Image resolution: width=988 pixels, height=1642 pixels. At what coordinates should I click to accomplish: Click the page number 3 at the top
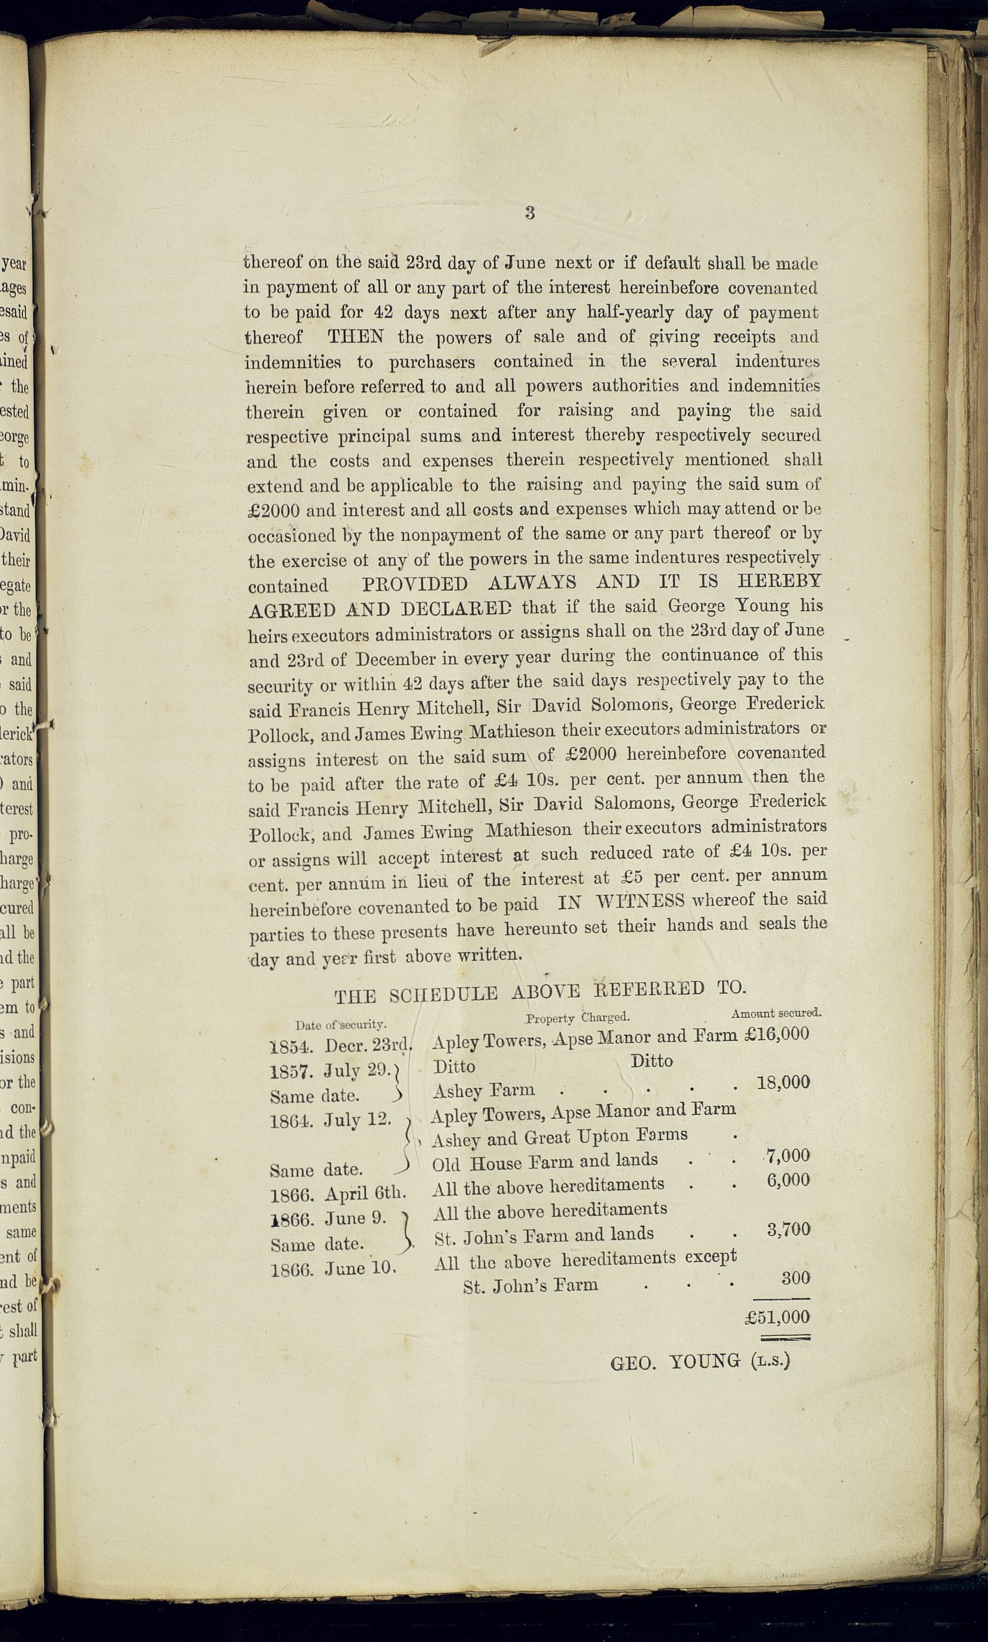coord(530,213)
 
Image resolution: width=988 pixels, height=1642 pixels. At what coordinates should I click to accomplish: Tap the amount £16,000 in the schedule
coord(778,1034)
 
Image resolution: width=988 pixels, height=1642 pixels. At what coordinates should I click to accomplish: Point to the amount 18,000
coord(784,1082)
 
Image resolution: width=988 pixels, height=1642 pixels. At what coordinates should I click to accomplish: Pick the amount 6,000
coord(788,1180)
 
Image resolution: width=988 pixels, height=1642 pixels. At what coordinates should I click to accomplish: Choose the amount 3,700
coord(788,1229)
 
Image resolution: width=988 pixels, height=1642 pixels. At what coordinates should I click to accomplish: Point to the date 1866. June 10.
coord(333,1268)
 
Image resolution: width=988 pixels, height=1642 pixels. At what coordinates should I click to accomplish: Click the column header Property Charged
coord(577,1018)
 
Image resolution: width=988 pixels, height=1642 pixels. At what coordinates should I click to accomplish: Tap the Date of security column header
coord(341,1025)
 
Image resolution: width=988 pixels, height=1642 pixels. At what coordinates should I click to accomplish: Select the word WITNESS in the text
coord(640,901)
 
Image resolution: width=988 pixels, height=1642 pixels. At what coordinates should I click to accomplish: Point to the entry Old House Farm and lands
coord(545,1162)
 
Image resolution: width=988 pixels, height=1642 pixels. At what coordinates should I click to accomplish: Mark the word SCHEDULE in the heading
coord(443,995)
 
